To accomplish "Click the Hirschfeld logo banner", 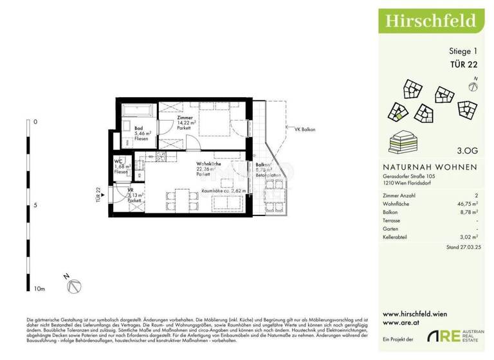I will click(430, 21).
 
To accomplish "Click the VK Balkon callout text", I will click(306, 130).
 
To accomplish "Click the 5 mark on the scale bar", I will click(35, 206).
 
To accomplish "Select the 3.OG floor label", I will click(466, 152).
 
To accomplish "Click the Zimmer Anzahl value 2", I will click(475, 194).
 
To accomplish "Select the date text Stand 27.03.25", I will click(461, 247).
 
